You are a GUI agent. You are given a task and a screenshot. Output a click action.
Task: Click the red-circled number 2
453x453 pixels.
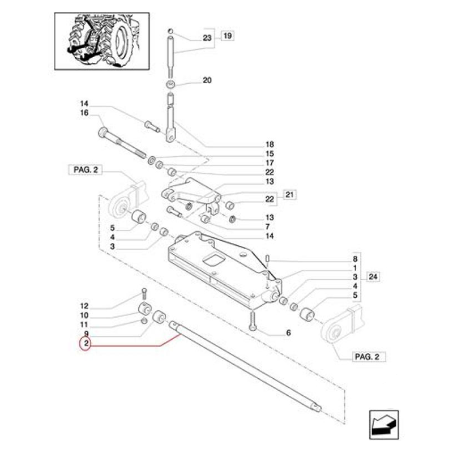pos(84,344)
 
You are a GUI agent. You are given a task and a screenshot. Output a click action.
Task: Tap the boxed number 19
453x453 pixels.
pos(227,36)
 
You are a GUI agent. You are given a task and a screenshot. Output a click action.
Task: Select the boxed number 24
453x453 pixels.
pos(372,277)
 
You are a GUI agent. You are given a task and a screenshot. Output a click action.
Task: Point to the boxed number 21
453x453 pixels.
pos(290,195)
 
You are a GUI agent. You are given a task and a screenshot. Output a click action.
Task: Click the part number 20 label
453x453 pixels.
pos(207,80)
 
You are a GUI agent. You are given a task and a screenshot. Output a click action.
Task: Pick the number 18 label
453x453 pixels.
pos(270,144)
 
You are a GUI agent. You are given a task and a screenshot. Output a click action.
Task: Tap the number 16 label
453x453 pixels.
pos(84,113)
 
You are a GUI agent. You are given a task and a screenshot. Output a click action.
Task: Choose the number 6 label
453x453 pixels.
pos(288,333)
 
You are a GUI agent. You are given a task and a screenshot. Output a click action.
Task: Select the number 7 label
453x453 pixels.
pos(270,226)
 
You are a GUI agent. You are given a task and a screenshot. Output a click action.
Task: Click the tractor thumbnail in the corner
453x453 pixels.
pos(102,41)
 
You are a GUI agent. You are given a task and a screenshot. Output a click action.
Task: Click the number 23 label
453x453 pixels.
pos(206,39)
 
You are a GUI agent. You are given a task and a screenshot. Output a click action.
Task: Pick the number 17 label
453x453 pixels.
pos(270,163)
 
